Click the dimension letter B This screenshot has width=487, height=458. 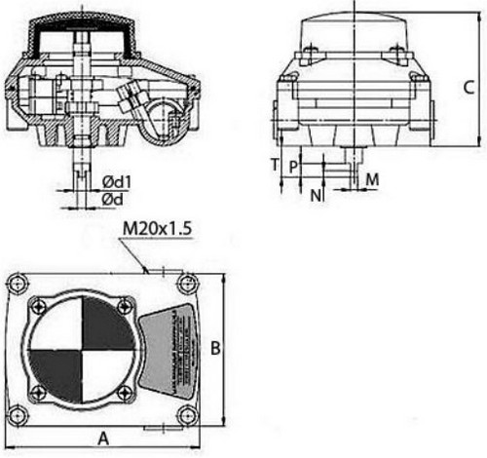[218, 348]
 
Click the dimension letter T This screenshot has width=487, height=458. [275, 164]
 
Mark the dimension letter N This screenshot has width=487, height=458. [315, 196]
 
